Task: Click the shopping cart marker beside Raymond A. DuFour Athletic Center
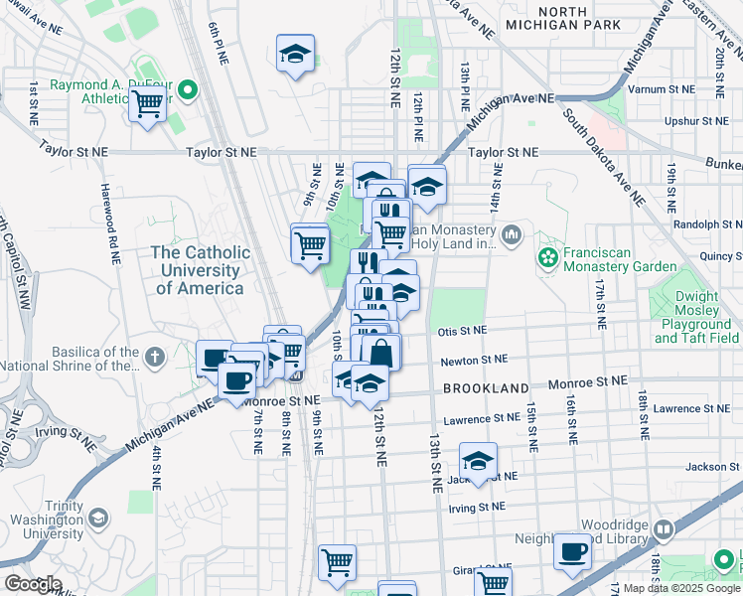(x=147, y=103)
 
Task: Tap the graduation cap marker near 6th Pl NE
(x=295, y=56)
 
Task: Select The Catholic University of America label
(x=197, y=270)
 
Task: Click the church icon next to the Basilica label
(x=154, y=357)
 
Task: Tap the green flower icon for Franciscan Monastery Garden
(x=546, y=258)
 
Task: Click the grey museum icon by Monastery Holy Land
(x=512, y=235)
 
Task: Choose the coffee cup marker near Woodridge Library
(x=571, y=552)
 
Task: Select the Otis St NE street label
(x=460, y=330)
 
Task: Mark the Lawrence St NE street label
(x=482, y=420)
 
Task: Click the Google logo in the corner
(x=33, y=584)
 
